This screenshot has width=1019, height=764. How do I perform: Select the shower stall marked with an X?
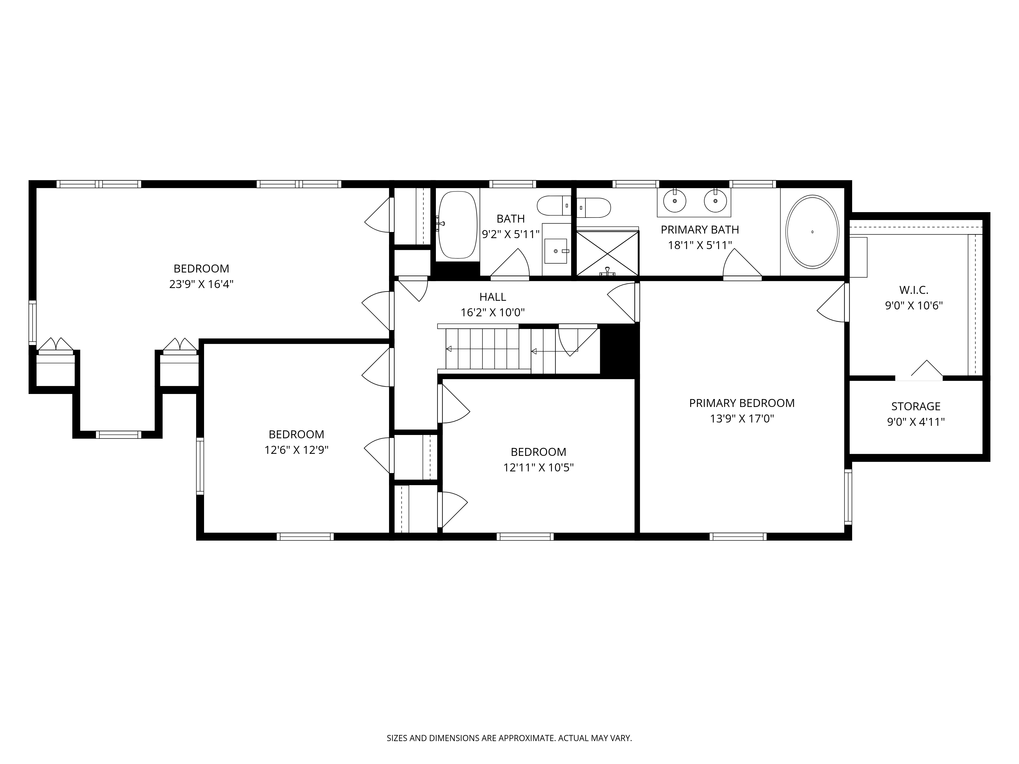point(608,253)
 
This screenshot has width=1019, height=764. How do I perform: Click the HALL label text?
point(492,297)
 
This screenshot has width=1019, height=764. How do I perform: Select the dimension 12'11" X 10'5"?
point(538,467)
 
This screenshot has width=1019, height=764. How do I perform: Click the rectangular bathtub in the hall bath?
point(458,225)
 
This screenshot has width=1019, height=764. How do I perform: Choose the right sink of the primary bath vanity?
point(715,201)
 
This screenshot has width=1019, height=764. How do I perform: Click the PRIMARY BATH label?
point(700,229)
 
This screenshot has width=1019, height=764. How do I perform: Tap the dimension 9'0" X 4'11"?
point(916,422)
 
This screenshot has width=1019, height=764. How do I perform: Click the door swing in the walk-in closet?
point(927,370)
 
